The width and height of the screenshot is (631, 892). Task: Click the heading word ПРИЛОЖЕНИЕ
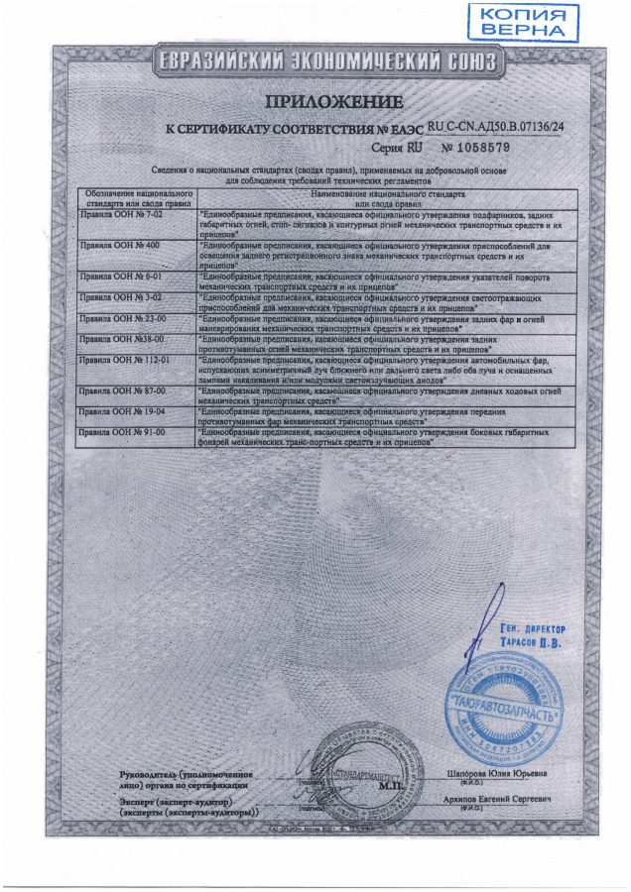tap(333, 103)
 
